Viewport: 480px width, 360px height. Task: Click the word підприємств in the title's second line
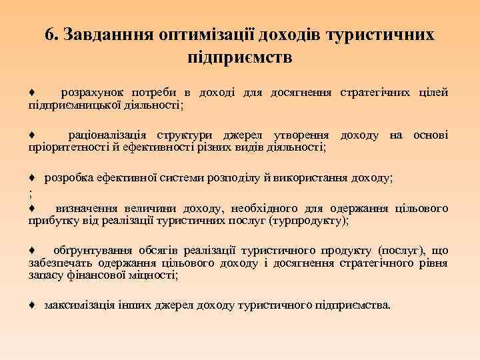point(240,57)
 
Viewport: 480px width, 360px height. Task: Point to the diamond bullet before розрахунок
point(31,92)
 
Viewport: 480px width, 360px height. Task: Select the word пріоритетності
point(63,148)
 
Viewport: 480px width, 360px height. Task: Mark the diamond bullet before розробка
point(31,179)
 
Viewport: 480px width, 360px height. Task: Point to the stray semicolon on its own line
point(31,193)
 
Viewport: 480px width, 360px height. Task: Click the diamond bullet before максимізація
point(31,305)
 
